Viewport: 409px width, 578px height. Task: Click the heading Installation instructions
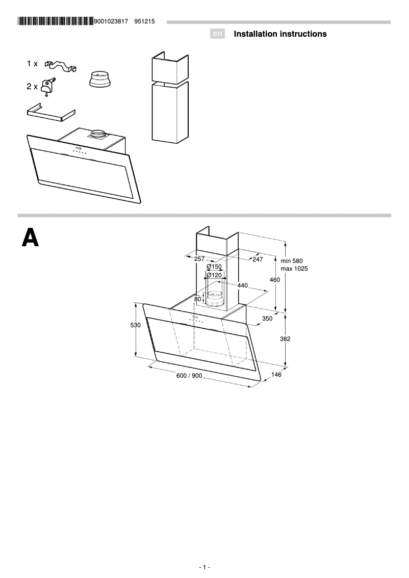(280, 34)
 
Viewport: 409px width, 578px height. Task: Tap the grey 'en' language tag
(218, 34)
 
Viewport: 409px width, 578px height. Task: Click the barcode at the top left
(55, 21)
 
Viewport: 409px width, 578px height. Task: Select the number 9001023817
(111, 21)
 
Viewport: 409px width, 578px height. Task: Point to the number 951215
(144, 21)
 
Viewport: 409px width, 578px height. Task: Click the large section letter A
(30, 238)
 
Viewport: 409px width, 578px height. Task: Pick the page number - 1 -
(205, 567)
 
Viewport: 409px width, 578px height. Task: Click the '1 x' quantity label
(32, 64)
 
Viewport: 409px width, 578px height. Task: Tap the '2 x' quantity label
(32, 87)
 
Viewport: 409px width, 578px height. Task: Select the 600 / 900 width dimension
(189, 376)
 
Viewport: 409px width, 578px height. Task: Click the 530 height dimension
(135, 325)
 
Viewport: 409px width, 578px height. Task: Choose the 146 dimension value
(276, 375)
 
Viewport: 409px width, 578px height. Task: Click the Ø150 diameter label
(214, 267)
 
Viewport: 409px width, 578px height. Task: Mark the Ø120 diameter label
(214, 275)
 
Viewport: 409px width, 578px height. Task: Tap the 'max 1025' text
(294, 269)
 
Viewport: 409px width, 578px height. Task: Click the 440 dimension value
(243, 285)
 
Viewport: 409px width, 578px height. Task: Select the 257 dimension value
(199, 259)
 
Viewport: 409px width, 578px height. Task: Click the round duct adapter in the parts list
(99, 80)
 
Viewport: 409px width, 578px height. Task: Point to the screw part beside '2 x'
(48, 86)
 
